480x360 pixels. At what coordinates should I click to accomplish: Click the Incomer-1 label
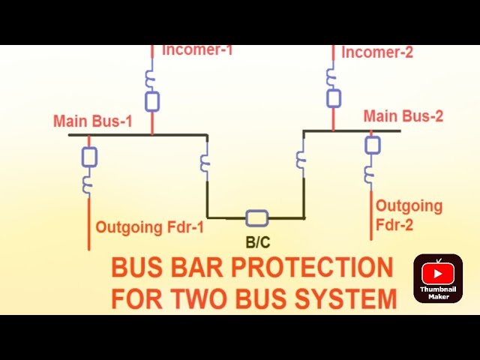click(197, 51)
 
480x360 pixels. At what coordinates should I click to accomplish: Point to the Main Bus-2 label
click(403, 116)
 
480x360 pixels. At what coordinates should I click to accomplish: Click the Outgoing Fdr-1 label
click(149, 226)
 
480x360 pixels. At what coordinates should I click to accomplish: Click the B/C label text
click(257, 242)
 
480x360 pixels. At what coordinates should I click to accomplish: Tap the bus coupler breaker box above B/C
click(256, 218)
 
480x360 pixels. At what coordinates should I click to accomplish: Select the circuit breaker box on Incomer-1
click(152, 101)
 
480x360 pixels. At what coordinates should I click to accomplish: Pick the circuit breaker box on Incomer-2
click(333, 97)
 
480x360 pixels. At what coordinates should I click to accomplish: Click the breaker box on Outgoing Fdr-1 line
click(89, 156)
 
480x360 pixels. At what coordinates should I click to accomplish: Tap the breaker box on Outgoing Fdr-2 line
click(372, 145)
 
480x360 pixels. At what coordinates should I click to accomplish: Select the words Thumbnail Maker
click(438, 293)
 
